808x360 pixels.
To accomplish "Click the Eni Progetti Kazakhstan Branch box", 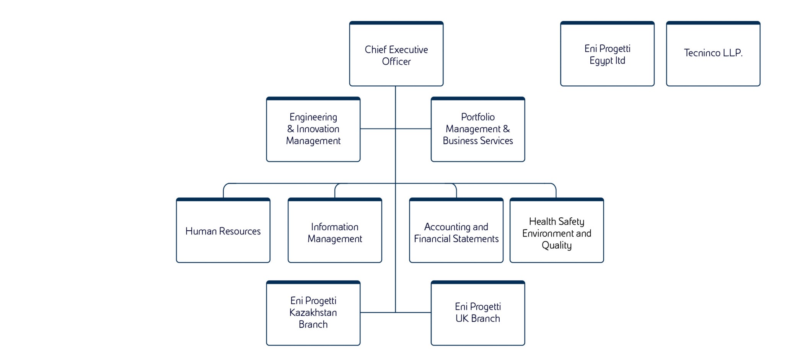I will (x=313, y=313).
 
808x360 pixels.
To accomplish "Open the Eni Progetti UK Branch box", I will (x=478, y=313).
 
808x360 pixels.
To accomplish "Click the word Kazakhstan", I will (x=313, y=313).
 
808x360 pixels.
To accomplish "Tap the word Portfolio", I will (x=478, y=117).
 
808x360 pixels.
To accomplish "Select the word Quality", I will (x=557, y=245).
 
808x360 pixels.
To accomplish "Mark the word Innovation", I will (x=318, y=129).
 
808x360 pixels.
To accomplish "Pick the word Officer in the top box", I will (x=396, y=62).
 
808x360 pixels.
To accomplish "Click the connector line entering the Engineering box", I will (x=377, y=129).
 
